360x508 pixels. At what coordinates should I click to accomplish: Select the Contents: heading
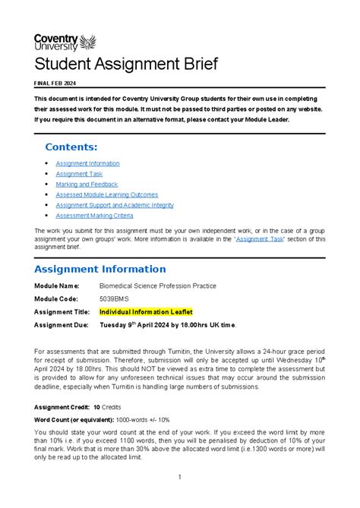pos(71,147)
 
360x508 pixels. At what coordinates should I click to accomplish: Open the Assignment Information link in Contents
pos(87,163)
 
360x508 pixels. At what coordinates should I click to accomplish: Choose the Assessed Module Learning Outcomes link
pos(106,194)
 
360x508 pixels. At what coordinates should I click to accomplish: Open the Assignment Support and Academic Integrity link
pos(115,205)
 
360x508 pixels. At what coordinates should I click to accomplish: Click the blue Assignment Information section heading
pos(100,269)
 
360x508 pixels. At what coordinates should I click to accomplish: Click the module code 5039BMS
pos(115,298)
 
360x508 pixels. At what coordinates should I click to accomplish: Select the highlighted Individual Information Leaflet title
pos(146,311)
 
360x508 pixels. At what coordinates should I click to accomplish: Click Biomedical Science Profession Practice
pos(158,286)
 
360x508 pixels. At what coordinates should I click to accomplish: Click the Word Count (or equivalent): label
pos(78,420)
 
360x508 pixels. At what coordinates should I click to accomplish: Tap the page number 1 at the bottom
pos(180,477)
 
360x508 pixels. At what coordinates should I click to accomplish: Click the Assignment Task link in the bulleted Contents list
pos(79,174)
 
